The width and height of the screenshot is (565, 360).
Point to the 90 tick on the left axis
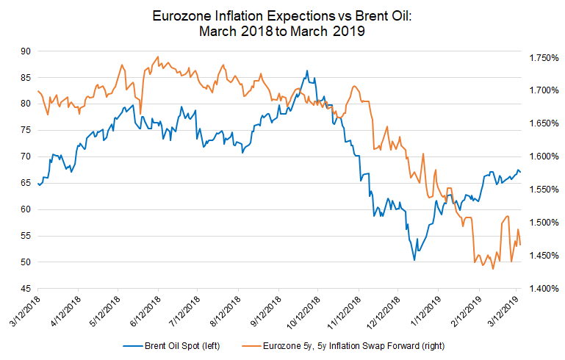click(26, 51)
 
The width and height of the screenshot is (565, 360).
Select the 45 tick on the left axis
click(26, 289)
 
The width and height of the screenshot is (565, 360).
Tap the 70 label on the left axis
click(26, 156)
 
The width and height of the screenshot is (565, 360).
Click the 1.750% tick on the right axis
click(544, 58)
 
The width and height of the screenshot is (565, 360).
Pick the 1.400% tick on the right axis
click(544, 289)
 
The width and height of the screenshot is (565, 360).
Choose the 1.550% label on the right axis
click(544, 190)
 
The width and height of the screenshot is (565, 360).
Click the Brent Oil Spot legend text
click(182, 346)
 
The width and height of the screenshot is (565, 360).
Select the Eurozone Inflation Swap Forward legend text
click(353, 346)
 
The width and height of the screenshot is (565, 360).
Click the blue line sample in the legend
click(132, 346)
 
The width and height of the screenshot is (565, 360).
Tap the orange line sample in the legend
click(251, 346)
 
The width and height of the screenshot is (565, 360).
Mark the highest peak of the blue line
click(307, 71)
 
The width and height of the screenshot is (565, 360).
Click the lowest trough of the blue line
click(414, 260)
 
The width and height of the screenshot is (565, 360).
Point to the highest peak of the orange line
click(157, 57)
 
